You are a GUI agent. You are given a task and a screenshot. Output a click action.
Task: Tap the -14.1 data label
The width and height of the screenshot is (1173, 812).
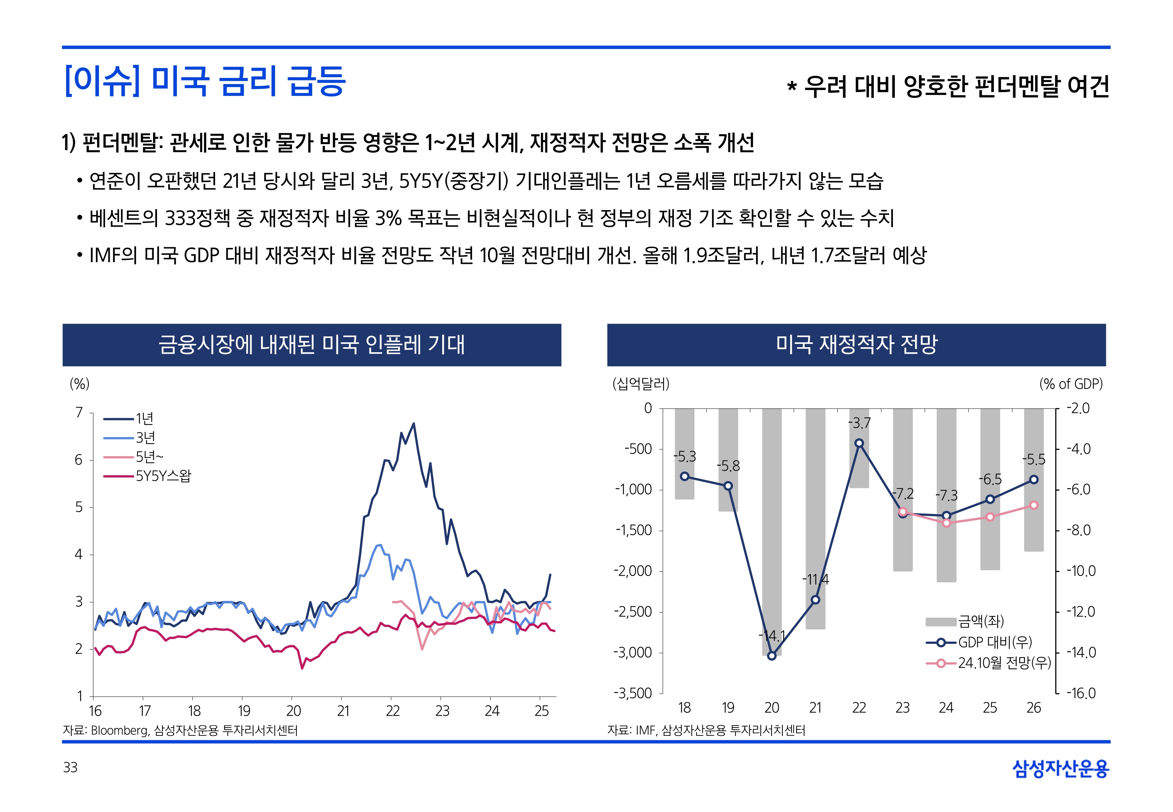pos(772,636)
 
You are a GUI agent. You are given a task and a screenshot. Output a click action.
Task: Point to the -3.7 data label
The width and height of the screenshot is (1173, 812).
pos(859,423)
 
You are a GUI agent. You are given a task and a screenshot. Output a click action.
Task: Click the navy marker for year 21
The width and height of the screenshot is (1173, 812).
pos(815,600)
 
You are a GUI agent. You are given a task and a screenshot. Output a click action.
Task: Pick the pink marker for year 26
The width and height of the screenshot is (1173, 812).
pos(1034,505)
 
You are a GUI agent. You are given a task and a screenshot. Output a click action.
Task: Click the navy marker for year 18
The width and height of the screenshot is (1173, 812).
pos(685,476)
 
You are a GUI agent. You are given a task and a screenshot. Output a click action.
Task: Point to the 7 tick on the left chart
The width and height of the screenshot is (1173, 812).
pos(79,412)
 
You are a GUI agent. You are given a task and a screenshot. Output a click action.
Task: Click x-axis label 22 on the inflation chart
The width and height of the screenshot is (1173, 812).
pos(393,711)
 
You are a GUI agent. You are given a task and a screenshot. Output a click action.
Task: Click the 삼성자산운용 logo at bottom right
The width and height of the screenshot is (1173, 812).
pos(1061,768)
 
